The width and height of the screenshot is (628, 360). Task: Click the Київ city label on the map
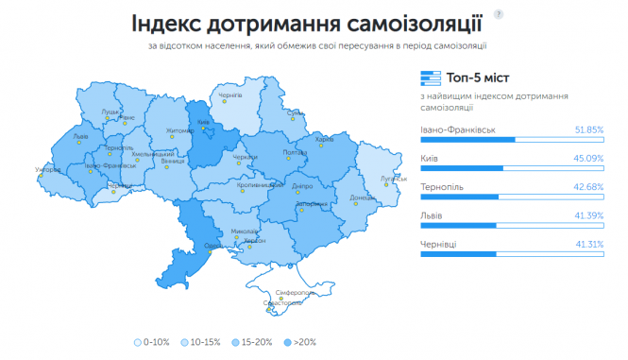(x=203, y=123)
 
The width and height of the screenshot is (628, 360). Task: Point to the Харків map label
(x=325, y=140)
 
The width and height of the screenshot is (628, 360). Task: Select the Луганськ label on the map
(x=391, y=178)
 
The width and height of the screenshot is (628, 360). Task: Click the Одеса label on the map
(x=214, y=245)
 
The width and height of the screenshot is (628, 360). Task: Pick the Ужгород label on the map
(x=47, y=170)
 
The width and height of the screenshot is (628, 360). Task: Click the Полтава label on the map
(x=295, y=152)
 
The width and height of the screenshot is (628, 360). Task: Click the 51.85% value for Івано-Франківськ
(x=588, y=129)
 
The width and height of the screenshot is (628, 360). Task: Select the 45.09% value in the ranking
(x=588, y=158)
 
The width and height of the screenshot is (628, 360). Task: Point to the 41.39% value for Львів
(x=588, y=215)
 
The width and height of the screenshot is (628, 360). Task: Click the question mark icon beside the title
(x=498, y=16)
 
